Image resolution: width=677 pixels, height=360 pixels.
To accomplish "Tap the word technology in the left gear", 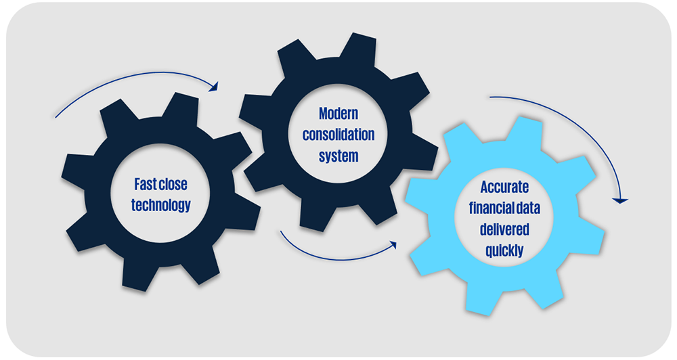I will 161,205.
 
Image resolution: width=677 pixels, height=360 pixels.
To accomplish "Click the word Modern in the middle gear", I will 338,113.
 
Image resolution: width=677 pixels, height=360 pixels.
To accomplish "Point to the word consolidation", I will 338,134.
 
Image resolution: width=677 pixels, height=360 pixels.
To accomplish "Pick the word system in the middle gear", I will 338,155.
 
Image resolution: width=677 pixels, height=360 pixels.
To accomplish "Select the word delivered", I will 504,229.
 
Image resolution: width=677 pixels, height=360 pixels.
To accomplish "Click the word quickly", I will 504,250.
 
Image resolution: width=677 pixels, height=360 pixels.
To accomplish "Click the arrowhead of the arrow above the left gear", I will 215,87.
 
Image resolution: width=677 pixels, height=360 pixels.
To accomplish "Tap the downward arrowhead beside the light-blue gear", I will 619,200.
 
